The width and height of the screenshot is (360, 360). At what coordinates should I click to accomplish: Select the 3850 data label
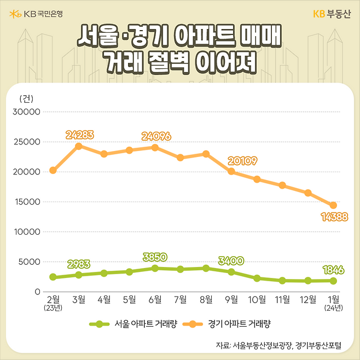pyautogui.click(x=155, y=257)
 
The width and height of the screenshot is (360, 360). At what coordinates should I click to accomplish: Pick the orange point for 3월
pyautogui.click(x=79, y=146)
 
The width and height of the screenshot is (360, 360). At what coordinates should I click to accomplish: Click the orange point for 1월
pyautogui.click(x=333, y=205)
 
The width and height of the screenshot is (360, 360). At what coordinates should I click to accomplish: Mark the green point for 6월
pyautogui.click(x=155, y=268)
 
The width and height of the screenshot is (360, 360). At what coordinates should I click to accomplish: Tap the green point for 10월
pyautogui.click(x=257, y=278)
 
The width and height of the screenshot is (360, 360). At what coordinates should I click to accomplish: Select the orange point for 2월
pyautogui.click(x=53, y=170)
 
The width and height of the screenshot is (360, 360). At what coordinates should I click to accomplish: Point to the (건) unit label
pyautogui.click(x=26, y=98)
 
